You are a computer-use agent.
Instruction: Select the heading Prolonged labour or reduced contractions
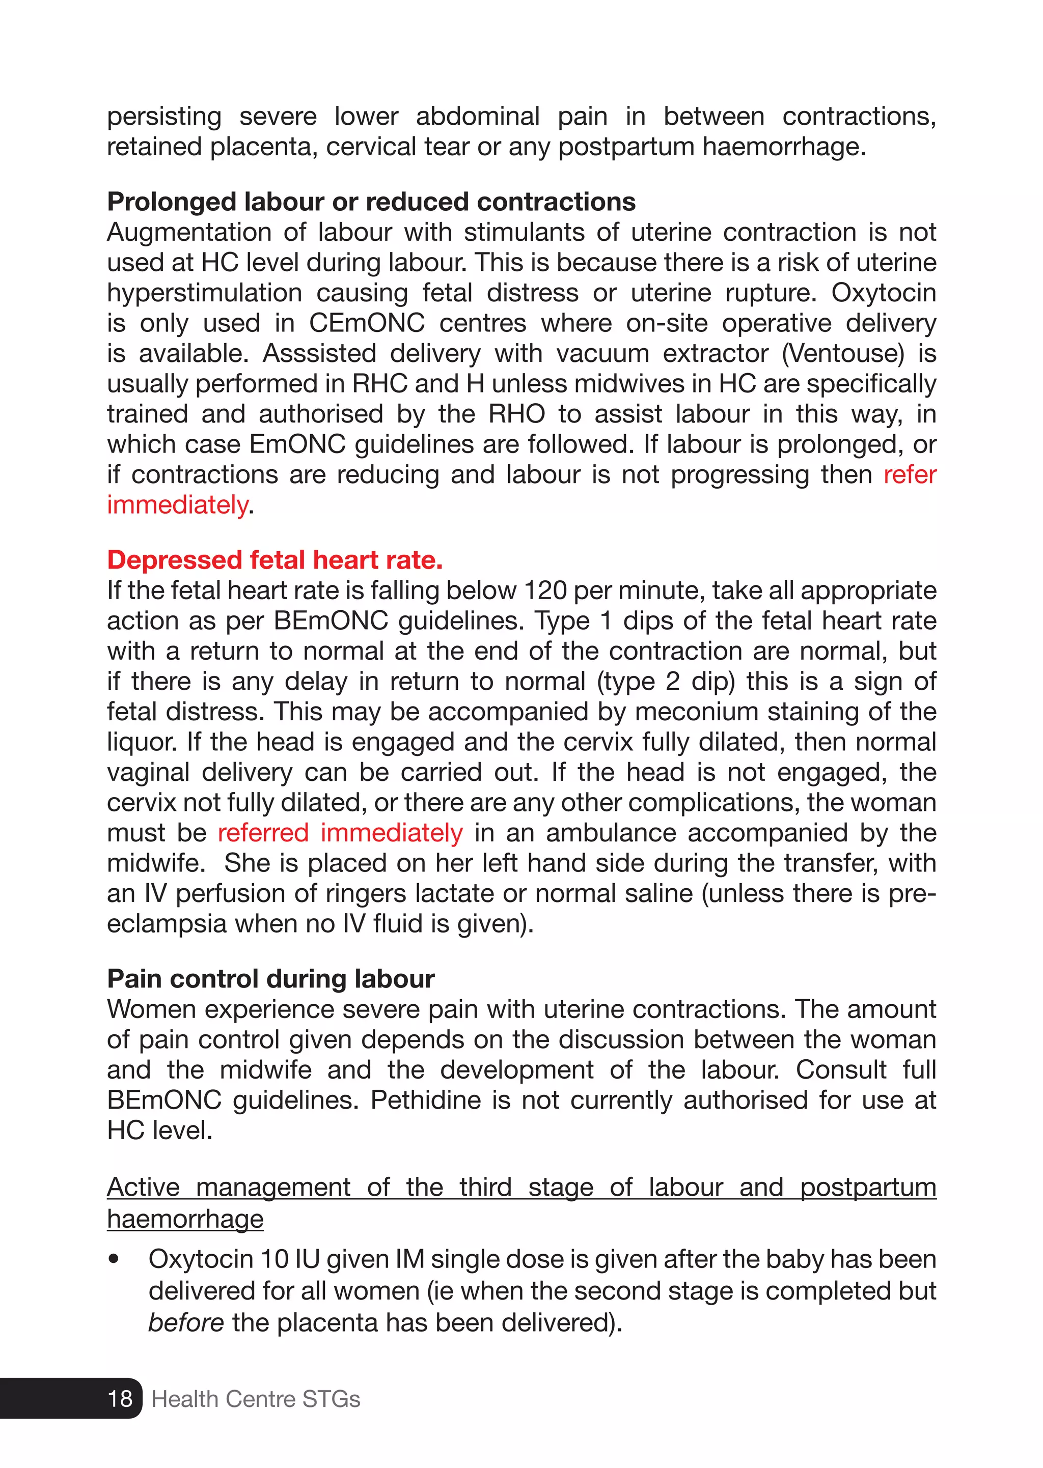[x=371, y=202]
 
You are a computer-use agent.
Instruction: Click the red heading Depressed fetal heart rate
[x=275, y=560]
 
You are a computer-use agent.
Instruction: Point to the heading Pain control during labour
[x=270, y=979]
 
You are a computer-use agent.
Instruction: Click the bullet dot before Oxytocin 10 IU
[x=114, y=1259]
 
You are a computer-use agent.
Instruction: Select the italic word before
[x=185, y=1322]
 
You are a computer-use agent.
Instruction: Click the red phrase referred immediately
[x=340, y=833]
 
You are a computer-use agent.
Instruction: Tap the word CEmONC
[x=367, y=323]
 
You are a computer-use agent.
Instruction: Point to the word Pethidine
[x=425, y=1100]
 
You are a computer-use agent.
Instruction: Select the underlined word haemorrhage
[x=185, y=1218]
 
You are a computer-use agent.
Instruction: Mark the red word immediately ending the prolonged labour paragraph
[x=177, y=505]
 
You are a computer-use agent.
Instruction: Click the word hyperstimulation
[x=204, y=293]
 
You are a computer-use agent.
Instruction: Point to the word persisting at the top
[x=164, y=116]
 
